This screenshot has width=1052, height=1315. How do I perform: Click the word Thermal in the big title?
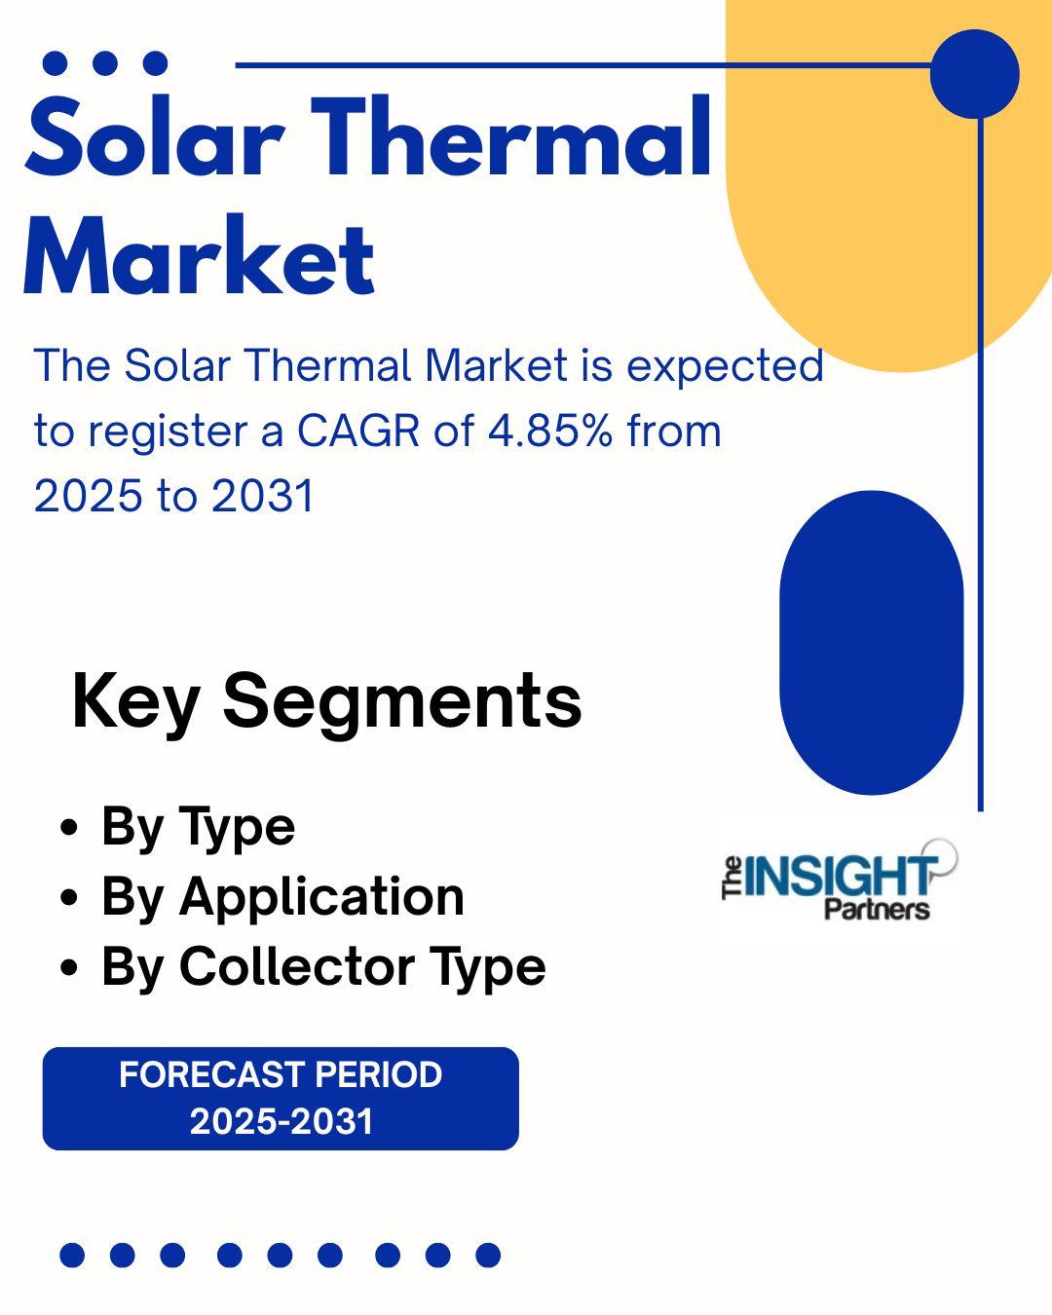pyautogui.click(x=511, y=134)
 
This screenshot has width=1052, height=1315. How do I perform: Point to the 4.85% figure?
pyautogui.click(x=550, y=431)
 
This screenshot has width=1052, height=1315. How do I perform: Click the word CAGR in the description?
pyautogui.click(x=358, y=431)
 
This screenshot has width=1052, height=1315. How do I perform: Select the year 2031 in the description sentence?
pyautogui.click(x=263, y=495)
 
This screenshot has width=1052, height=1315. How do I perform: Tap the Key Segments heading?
pyautogui.click(x=327, y=702)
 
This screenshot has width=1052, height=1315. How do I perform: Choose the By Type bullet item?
pyautogui.click(x=198, y=829)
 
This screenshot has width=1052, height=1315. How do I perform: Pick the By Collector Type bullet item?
pyautogui.click(x=323, y=966)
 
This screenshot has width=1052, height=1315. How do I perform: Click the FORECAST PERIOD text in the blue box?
pyautogui.click(x=281, y=1073)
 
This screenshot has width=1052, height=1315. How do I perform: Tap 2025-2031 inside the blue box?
pyautogui.click(x=282, y=1121)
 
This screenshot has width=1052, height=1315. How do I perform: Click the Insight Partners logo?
pyautogui.click(x=840, y=881)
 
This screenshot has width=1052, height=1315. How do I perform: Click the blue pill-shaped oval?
pyautogui.click(x=872, y=642)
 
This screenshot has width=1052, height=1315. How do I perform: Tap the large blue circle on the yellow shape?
pyautogui.click(x=975, y=74)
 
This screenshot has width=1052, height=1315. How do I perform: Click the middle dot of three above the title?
pyautogui.click(x=105, y=63)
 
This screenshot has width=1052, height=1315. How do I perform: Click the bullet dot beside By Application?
pyautogui.click(x=70, y=898)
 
